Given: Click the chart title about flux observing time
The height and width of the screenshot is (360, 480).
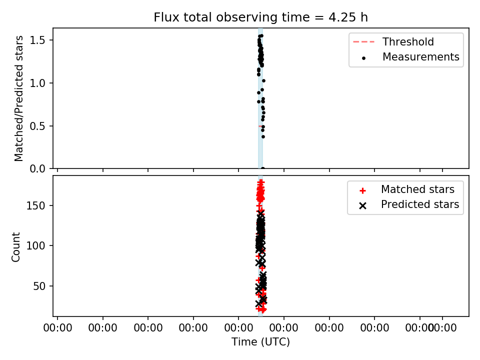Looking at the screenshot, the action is click(x=260, y=17).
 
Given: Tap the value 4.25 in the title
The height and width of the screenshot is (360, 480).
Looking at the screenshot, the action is click(x=342, y=17).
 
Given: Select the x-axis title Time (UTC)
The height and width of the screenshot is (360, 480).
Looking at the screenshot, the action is click(x=260, y=341).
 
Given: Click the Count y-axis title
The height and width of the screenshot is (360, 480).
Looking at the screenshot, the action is click(x=15, y=247).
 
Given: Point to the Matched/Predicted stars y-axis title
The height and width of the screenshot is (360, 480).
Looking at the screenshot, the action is click(x=18, y=98).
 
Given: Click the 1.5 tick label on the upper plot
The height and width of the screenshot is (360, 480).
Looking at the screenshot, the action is click(x=37, y=40).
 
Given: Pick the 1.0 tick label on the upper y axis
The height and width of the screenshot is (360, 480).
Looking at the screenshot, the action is click(x=37, y=83).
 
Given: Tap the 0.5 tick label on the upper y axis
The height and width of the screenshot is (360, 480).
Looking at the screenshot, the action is click(x=37, y=126).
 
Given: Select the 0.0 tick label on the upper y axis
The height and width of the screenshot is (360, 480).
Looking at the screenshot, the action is click(x=37, y=168).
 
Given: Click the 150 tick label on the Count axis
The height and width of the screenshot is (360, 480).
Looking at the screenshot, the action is click(x=35, y=205).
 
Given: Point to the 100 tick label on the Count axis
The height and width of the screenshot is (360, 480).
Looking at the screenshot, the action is click(x=35, y=245).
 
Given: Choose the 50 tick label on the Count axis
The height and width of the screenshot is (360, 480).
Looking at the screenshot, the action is click(x=39, y=286).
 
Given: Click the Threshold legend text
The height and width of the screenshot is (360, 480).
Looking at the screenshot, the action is click(x=408, y=41).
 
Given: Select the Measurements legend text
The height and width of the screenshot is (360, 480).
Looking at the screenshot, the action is click(x=421, y=57).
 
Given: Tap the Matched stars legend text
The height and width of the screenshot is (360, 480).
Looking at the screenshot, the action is click(x=417, y=189).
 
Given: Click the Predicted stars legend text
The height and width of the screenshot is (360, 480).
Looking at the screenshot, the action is click(x=420, y=204).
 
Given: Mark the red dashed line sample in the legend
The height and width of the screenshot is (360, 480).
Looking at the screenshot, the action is click(x=363, y=41).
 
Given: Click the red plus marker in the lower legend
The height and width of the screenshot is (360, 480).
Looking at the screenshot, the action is click(x=363, y=191).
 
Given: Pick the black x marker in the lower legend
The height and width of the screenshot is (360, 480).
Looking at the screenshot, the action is click(x=363, y=206).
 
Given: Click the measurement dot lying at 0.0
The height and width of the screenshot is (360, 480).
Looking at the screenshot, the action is click(x=262, y=168).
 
